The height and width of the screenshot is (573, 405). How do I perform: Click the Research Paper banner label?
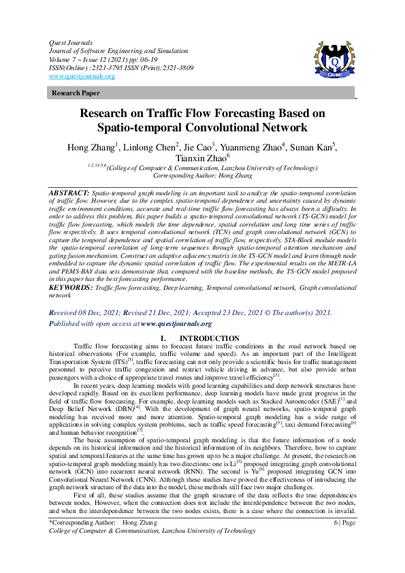tap(76, 93)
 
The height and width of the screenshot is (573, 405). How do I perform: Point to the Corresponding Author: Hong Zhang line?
tap(202, 175)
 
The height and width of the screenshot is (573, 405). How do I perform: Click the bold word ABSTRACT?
tap(68, 193)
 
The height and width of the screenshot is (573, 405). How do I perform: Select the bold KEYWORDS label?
tap(71, 289)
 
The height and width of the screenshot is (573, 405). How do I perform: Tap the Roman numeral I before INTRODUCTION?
tap(161, 338)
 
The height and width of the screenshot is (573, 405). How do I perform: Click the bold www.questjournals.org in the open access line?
tap(176, 324)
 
